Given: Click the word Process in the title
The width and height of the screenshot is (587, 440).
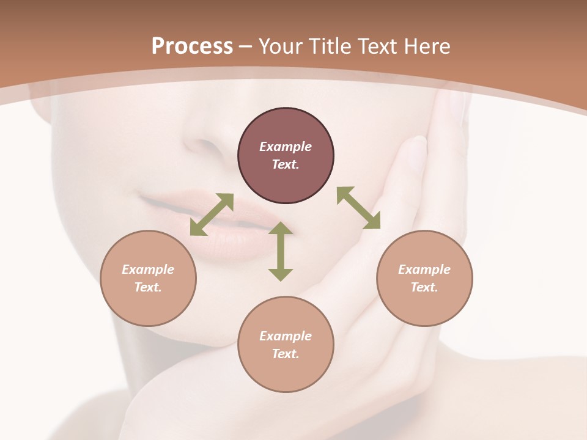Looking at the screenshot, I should click(192, 46).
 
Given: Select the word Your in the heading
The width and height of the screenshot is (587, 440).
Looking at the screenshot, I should click(281, 46).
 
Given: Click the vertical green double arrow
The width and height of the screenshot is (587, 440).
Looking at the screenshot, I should click(281, 252).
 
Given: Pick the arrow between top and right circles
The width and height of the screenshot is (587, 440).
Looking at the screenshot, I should click(358, 208).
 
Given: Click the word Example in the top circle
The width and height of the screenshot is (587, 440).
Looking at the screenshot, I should click(286, 147).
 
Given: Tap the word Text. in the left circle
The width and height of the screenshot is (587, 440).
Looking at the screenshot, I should click(148, 287).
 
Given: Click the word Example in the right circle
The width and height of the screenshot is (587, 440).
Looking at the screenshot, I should click(424, 269).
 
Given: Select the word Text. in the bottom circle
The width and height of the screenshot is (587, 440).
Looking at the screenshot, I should click(286, 354).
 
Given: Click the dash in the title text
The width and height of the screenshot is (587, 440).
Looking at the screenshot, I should click(246, 46).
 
